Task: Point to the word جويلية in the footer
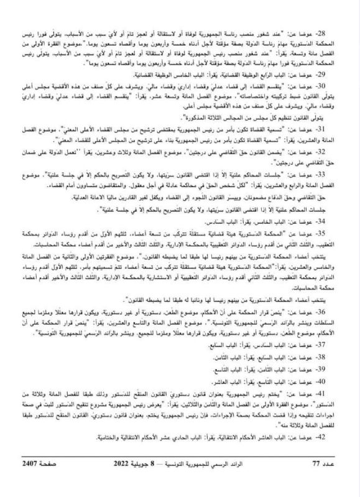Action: point(159,481)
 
